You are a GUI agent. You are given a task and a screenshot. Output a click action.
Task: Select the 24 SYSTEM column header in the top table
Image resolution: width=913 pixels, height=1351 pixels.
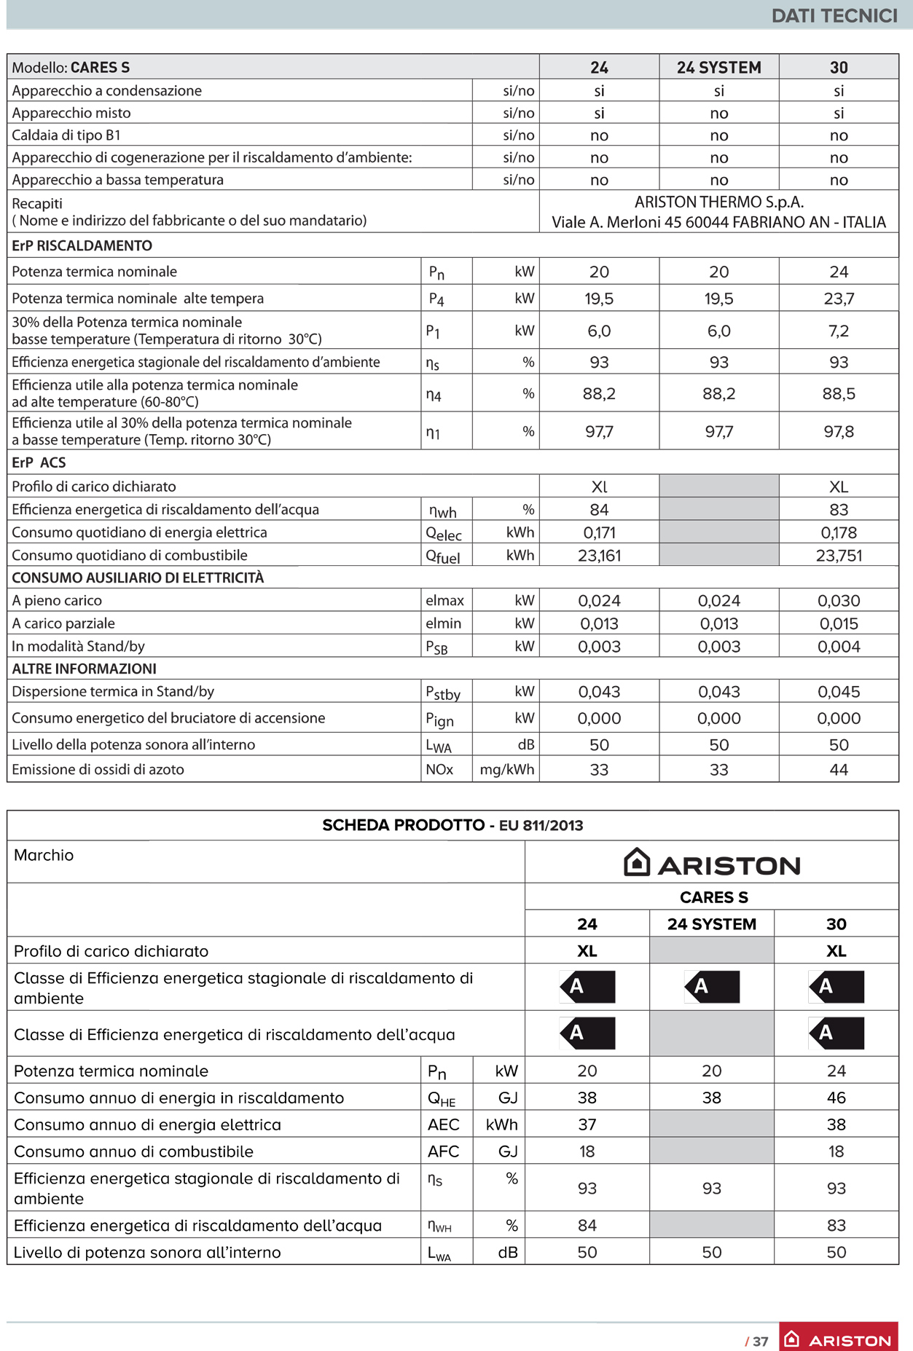[x=718, y=68]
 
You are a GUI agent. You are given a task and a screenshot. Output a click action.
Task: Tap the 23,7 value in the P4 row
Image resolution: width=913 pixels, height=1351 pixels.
[x=839, y=299]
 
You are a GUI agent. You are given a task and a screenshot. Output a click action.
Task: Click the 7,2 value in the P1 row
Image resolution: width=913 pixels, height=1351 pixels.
[x=839, y=331]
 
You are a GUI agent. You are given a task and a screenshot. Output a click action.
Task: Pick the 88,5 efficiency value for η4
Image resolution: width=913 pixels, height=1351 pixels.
[x=839, y=394]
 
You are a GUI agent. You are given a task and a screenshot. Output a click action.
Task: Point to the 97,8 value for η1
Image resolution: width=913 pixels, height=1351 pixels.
[x=839, y=432]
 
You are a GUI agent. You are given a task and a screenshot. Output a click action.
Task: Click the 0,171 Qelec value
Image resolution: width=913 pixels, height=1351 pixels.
[x=599, y=533]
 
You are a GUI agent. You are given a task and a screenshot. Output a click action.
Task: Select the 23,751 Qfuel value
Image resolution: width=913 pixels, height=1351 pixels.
[x=839, y=556]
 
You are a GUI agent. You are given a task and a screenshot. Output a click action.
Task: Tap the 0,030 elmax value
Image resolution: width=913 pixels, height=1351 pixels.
[x=839, y=601]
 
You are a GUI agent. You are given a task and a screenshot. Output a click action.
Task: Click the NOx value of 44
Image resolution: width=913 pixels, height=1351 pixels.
[x=839, y=770]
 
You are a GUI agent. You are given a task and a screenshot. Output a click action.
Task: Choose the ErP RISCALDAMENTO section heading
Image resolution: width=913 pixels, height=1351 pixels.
[x=82, y=246]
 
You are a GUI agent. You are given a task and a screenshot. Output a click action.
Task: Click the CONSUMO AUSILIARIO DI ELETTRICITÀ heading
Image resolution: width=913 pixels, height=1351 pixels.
[x=138, y=578]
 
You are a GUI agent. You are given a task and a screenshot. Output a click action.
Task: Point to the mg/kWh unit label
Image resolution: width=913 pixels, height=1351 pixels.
[x=506, y=770]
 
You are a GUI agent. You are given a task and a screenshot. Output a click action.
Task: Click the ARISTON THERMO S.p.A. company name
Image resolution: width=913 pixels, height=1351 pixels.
[x=718, y=202]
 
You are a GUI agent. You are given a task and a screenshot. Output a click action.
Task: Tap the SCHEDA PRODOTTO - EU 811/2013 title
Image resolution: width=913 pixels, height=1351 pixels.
[x=452, y=825]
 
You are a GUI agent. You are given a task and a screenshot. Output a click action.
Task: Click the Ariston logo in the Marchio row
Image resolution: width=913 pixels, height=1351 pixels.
[x=712, y=864]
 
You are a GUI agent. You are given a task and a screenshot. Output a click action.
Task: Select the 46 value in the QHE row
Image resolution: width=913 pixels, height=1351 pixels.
[x=836, y=1098]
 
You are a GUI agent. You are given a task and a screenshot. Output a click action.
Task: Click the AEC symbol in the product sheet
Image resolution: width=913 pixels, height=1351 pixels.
[x=443, y=1124]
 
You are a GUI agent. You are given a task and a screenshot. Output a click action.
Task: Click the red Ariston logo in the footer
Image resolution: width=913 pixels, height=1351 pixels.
[x=838, y=1339]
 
